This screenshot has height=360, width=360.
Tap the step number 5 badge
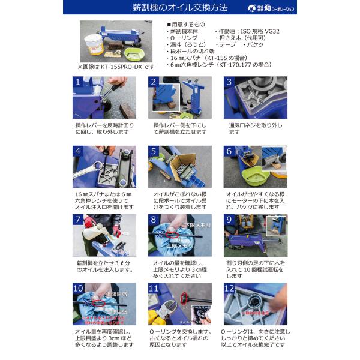(154, 151)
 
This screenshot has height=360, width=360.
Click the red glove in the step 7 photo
(89, 223)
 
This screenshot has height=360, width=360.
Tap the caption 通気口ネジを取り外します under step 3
(246, 128)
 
